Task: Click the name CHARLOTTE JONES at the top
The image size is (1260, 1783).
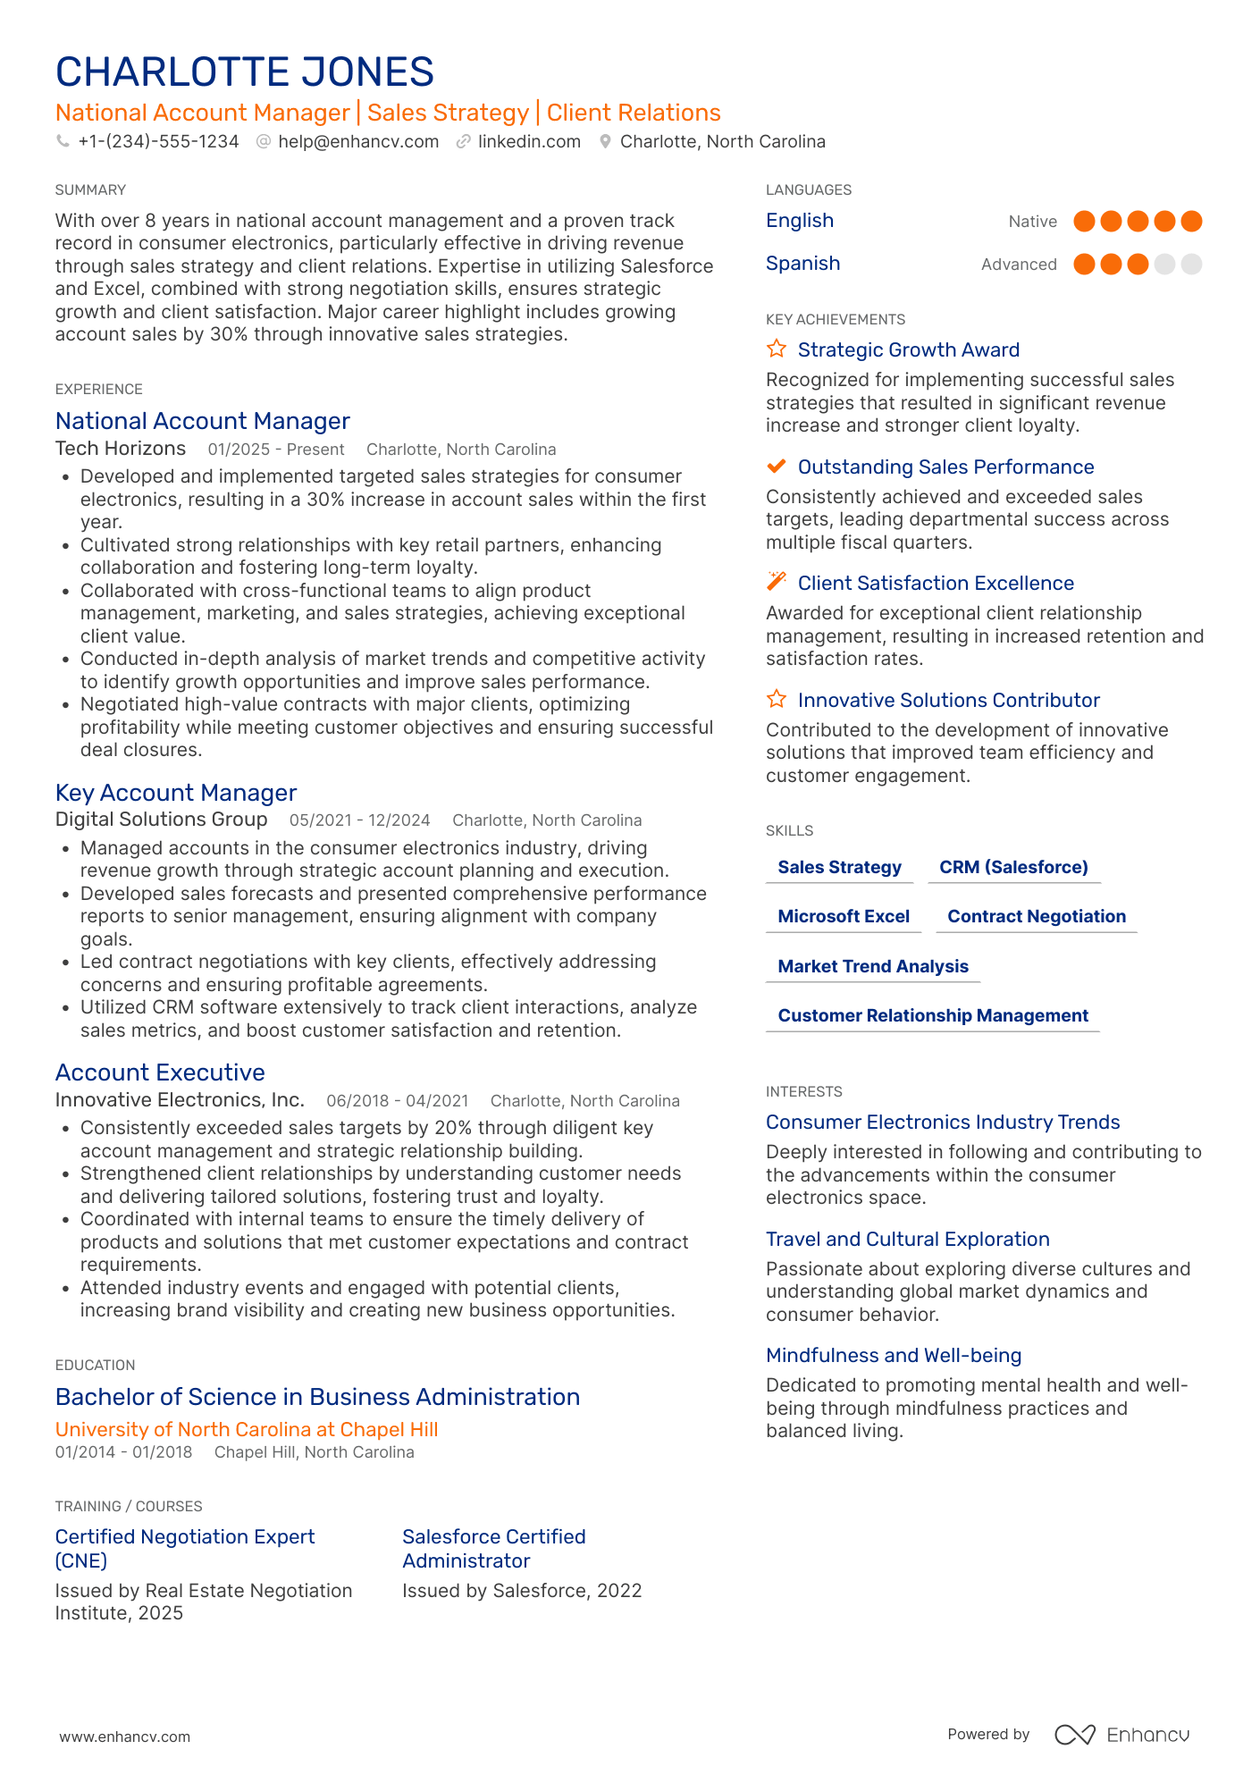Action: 244,72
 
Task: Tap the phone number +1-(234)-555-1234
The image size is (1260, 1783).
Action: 158,141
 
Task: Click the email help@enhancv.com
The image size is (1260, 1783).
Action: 357,141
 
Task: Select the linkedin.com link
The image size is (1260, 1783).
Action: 529,141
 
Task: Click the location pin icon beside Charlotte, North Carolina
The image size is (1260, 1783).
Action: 605,141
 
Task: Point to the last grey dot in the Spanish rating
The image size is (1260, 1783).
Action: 1191,264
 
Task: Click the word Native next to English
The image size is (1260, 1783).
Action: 1032,222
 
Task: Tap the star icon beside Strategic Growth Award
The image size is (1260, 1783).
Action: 777,349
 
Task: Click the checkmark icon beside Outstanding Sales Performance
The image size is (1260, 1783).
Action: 777,466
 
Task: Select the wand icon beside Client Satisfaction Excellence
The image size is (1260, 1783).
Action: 777,582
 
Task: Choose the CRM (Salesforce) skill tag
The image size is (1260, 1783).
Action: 1013,867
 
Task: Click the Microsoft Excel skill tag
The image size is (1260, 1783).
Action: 844,916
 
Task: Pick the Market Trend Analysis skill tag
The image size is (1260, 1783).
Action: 873,966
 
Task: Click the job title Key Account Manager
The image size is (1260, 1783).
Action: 176,793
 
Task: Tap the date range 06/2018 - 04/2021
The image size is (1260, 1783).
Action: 397,1101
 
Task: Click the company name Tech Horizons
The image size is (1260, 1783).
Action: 121,449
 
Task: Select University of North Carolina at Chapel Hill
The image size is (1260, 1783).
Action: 247,1429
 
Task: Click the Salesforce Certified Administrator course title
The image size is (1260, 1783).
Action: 493,1548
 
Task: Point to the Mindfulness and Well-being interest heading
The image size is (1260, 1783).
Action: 893,1355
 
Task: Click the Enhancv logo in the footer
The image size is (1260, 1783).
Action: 1122,1734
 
